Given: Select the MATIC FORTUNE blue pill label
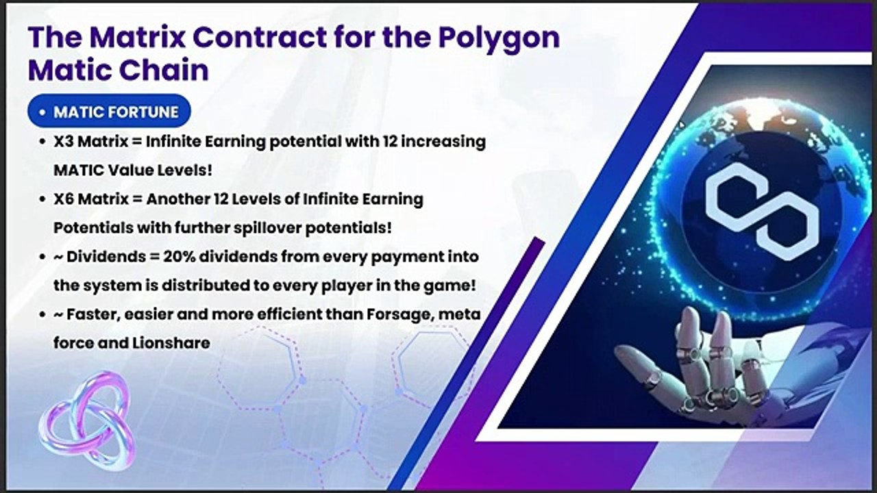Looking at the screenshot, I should point(109,112).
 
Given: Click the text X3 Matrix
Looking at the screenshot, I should point(88,142).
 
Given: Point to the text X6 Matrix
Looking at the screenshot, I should point(88,199).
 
